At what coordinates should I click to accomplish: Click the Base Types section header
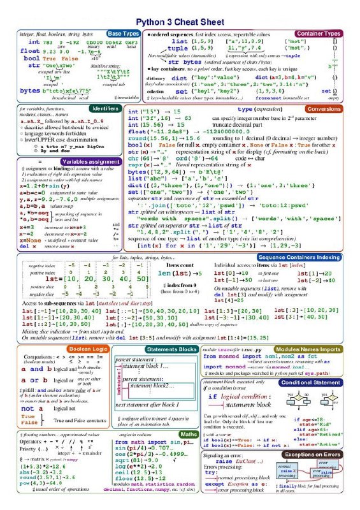click(x=124, y=33)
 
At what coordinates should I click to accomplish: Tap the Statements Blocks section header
click(x=171, y=349)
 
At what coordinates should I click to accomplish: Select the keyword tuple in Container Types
click(x=178, y=48)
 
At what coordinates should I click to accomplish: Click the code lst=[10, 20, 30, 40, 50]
click(x=88, y=279)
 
